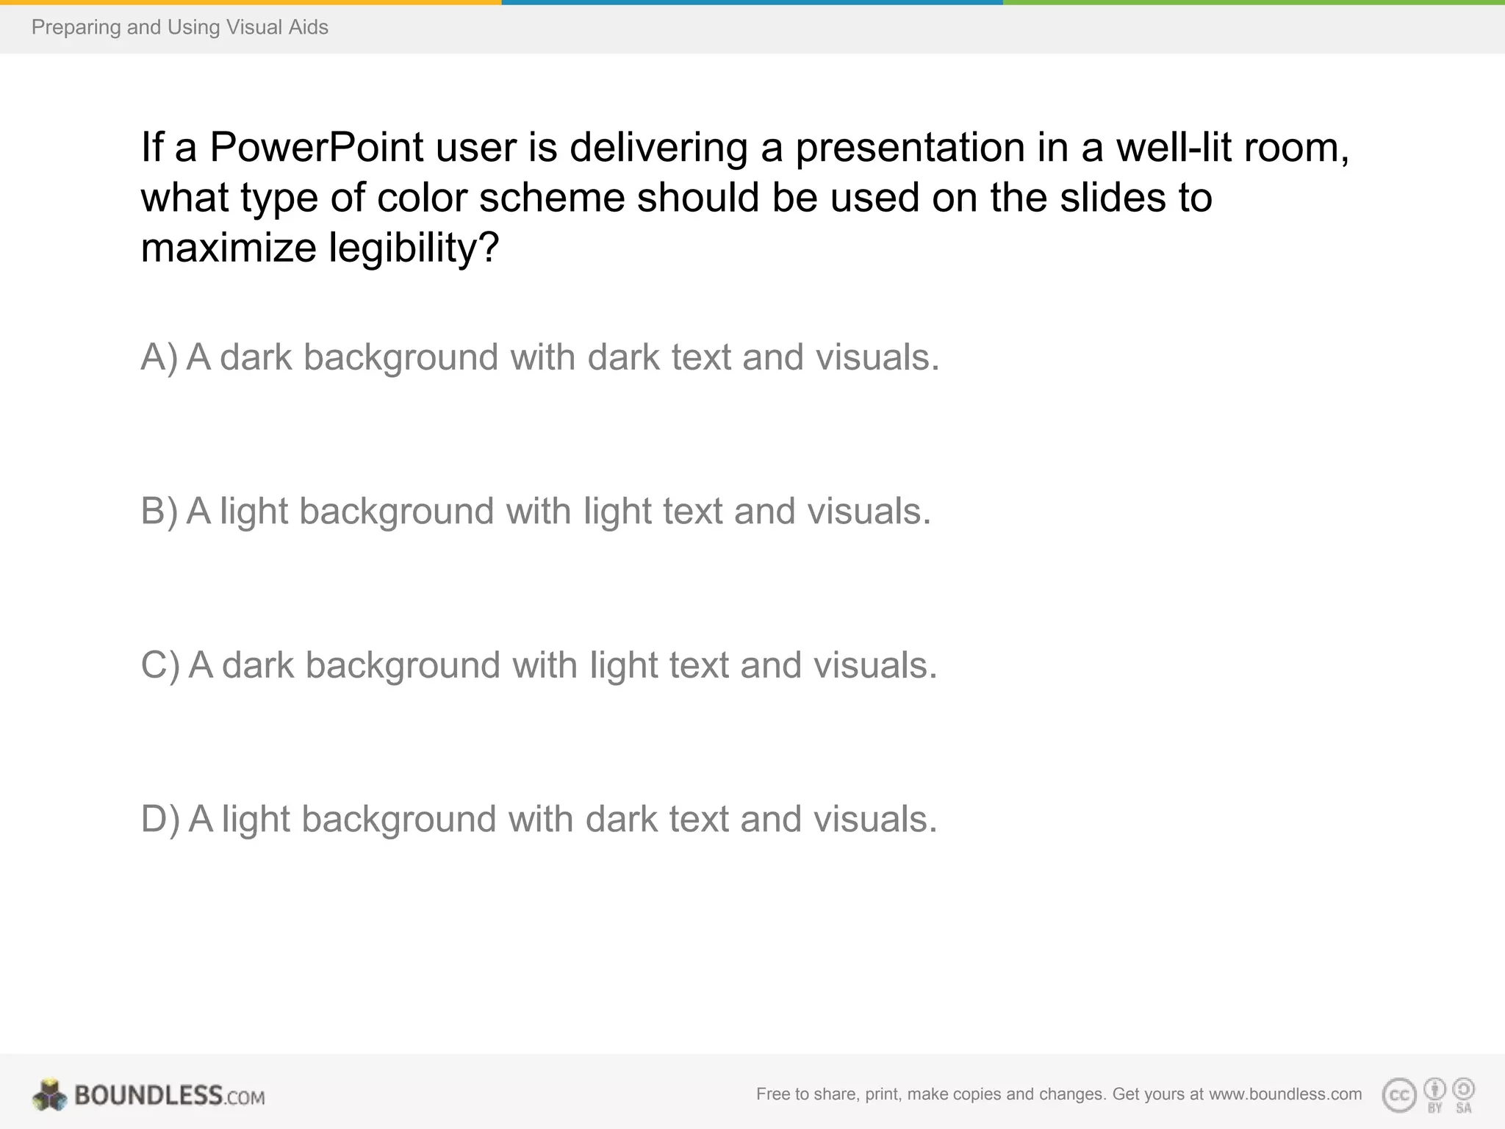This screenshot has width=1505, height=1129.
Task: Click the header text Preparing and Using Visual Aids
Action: coord(180,27)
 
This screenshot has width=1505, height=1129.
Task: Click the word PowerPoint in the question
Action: coord(316,147)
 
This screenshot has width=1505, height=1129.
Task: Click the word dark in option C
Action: coord(258,665)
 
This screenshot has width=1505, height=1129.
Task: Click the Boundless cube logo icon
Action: coord(49,1095)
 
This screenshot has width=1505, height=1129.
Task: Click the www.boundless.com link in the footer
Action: coord(1285,1094)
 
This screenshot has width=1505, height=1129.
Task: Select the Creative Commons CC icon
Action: coord(1398,1095)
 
